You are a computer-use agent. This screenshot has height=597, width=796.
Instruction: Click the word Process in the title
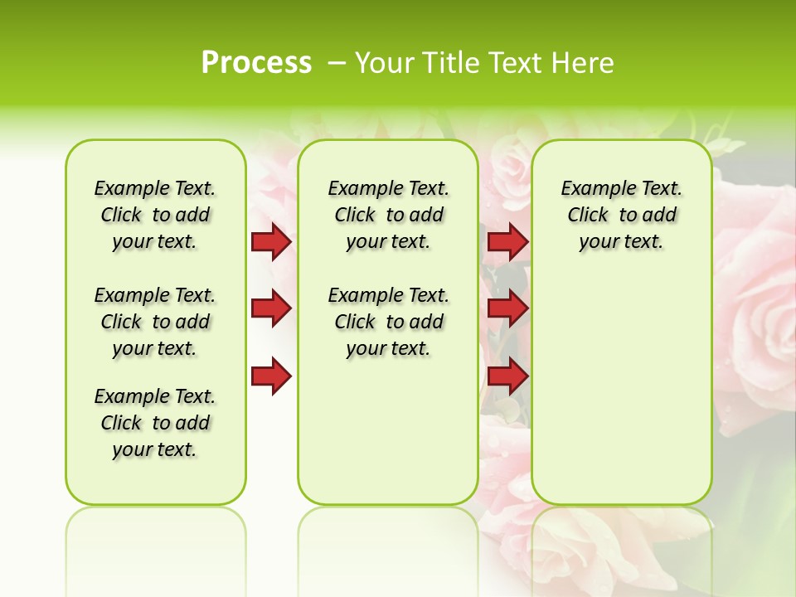(256, 63)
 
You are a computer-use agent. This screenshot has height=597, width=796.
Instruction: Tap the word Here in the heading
(582, 63)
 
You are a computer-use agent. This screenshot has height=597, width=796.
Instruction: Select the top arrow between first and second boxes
(270, 242)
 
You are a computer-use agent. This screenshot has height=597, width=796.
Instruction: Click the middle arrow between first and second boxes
(270, 308)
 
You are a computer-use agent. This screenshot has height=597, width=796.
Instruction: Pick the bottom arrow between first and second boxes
(270, 376)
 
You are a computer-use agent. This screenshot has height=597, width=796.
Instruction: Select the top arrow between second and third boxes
(507, 242)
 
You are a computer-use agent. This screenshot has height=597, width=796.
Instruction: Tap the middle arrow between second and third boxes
(507, 308)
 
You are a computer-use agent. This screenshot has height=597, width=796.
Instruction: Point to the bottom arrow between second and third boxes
(507, 376)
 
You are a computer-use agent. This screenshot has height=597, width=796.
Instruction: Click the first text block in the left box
(155, 215)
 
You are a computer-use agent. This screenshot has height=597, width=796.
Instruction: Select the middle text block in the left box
(155, 322)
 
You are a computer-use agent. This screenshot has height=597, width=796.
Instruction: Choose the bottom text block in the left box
(155, 423)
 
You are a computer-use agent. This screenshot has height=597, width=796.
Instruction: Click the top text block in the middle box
(388, 215)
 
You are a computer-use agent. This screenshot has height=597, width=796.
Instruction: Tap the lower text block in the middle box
(388, 322)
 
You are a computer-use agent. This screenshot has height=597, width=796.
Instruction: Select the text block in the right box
(621, 215)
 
